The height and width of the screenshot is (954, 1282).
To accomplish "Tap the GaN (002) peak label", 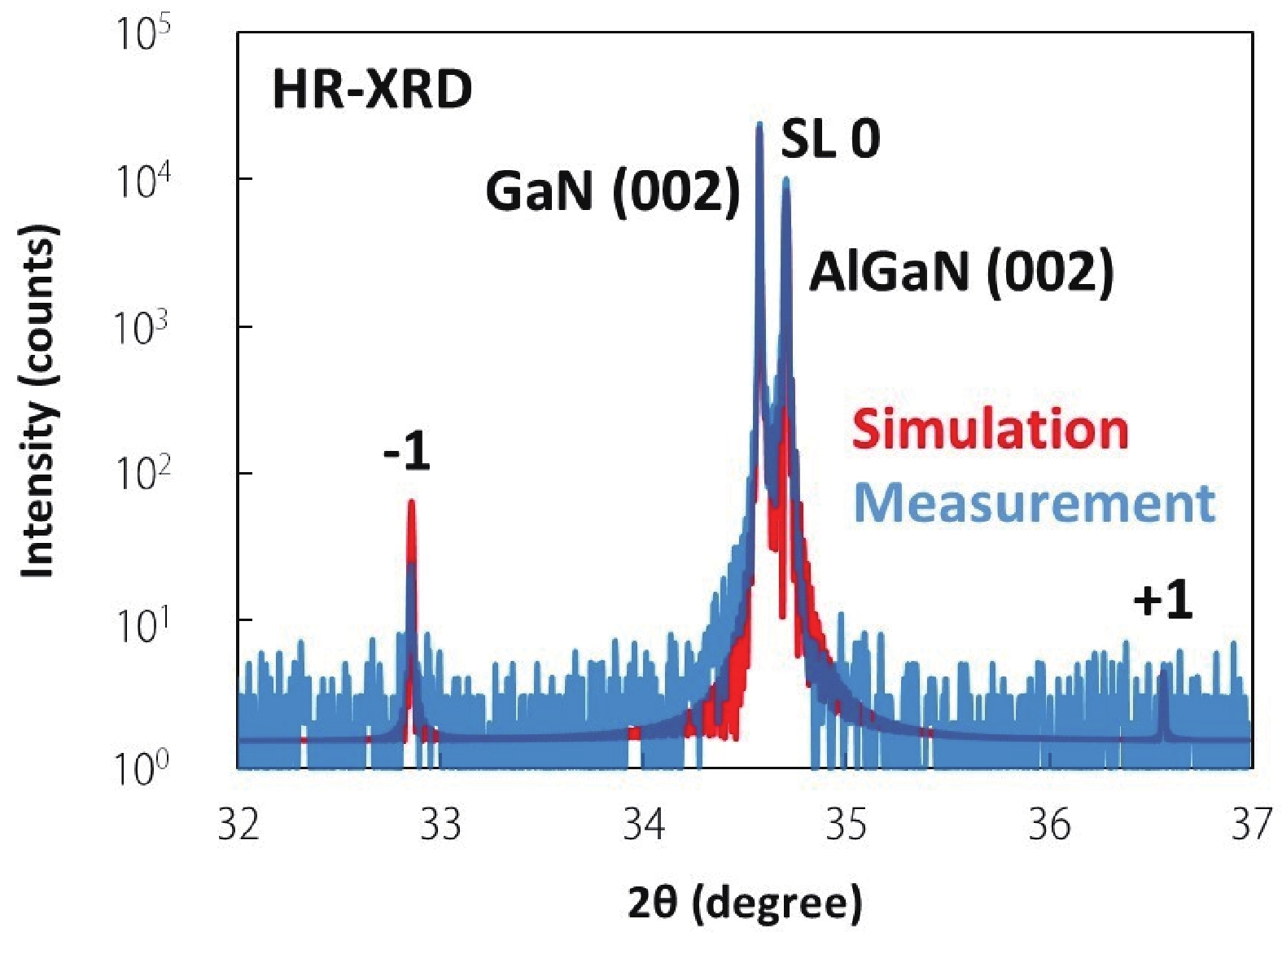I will pyautogui.click(x=612, y=191).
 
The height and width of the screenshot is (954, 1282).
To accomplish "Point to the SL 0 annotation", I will pyautogui.click(x=830, y=139).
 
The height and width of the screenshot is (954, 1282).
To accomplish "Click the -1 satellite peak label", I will pyautogui.click(x=407, y=452).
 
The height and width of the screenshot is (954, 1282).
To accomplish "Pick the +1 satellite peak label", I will pyautogui.click(x=1162, y=602).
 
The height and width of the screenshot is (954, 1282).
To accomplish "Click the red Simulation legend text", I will pyautogui.click(x=990, y=429).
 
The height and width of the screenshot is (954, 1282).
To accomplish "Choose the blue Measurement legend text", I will pyautogui.click(x=1034, y=502).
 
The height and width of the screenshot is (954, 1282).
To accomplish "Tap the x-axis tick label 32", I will pyautogui.click(x=238, y=825).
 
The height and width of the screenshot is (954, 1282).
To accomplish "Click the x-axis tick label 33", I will pyautogui.click(x=441, y=825).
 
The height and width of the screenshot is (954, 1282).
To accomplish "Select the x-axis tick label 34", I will pyautogui.click(x=644, y=825).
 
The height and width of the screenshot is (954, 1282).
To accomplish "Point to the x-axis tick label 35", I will pyautogui.click(x=847, y=825).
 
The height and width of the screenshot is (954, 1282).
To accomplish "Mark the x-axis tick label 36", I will pyautogui.click(x=1049, y=825).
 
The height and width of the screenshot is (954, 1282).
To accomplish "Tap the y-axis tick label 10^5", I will pyautogui.click(x=142, y=35).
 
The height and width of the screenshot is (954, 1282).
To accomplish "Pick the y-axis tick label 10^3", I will pyautogui.click(x=142, y=328).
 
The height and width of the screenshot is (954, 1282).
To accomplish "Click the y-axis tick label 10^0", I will pyautogui.click(x=142, y=768).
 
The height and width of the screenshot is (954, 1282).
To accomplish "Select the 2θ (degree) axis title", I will pyautogui.click(x=744, y=903).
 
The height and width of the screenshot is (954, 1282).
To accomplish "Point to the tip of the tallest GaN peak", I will pyautogui.click(x=759, y=125).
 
